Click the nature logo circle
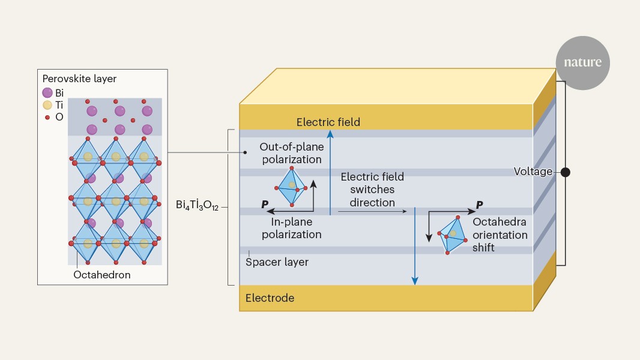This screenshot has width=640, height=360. pyautogui.click(x=582, y=63)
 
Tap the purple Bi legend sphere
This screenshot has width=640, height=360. pyautogui.click(x=47, y=92)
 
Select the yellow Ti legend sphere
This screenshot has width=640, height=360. pyautogui.click(x=47, y=105)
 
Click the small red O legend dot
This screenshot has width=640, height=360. pyautogui.click(x=47, y=118)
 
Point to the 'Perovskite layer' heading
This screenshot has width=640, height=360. pyautogui.click(x=79, y=79)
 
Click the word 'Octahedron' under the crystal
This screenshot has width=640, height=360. pyautogui.click(x=102, y=275)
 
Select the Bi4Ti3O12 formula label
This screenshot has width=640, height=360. pyautogui.click(x=197, y=205)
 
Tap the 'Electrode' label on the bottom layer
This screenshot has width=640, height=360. pyautogui.click(x=270, y=298)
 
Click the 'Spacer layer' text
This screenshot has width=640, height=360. pyautogui.click(x=277, y=262)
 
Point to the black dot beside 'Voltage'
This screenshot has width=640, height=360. pyautogui.click(x=566, y=172)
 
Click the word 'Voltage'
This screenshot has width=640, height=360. pyautogui.click(x=533, y=172)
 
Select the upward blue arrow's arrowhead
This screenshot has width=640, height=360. pyautogui.click(x=330, y=134)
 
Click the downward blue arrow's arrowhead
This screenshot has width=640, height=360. pyautogui.click(x=415, y=281)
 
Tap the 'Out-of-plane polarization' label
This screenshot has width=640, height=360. pyautogui.click(x=292, y=153)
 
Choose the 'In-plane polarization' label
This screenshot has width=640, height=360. pyautogui.click(x=291, y=228)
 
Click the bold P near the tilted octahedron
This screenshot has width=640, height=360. pyautogui.click(x=480, y=205)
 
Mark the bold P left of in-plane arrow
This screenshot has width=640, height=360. pyautogui.click(x=265, y=204)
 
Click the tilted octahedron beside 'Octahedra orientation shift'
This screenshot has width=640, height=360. pyautogui.click(x=452, y=235)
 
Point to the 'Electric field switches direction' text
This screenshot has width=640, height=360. pyautogui.click(x=372, y=190)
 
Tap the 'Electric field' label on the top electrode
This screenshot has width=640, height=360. pyautogui.click(x=328, y=122)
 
